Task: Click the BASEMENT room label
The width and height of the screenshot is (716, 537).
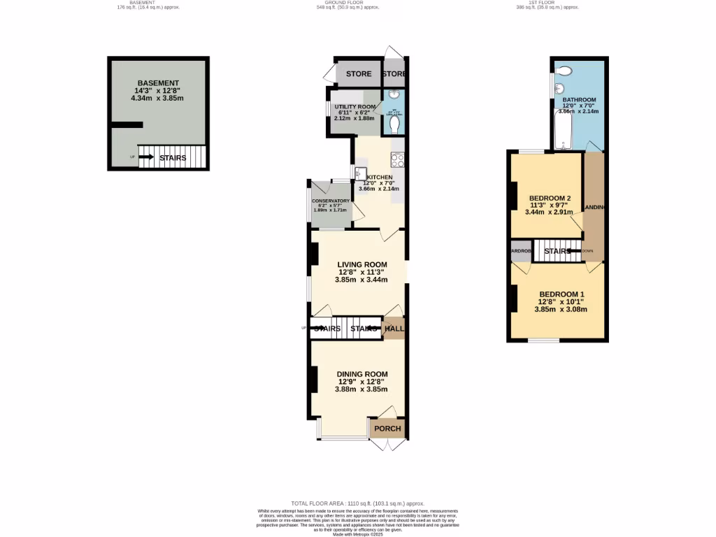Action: (158, 83)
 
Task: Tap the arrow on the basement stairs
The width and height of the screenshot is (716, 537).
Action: (147, 157)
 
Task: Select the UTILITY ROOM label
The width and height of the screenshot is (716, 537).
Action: (355, 106)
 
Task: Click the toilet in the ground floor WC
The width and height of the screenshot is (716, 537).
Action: (395, 124)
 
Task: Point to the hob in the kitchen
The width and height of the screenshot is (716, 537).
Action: (398, 160)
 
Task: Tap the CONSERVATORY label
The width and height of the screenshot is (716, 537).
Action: (331, 201)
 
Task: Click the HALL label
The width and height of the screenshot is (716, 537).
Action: (395, 328)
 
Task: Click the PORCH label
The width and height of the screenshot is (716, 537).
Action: (387, 429)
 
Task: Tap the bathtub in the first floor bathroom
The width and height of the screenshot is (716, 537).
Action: (561, 133)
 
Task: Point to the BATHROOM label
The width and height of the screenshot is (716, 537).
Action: (579, 100)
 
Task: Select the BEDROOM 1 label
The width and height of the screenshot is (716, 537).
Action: (561, 294)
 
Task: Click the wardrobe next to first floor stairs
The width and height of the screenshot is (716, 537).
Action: (521, 251)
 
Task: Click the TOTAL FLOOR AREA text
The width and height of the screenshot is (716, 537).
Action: (357, 503)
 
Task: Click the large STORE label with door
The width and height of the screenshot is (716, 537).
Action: (359, 73)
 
